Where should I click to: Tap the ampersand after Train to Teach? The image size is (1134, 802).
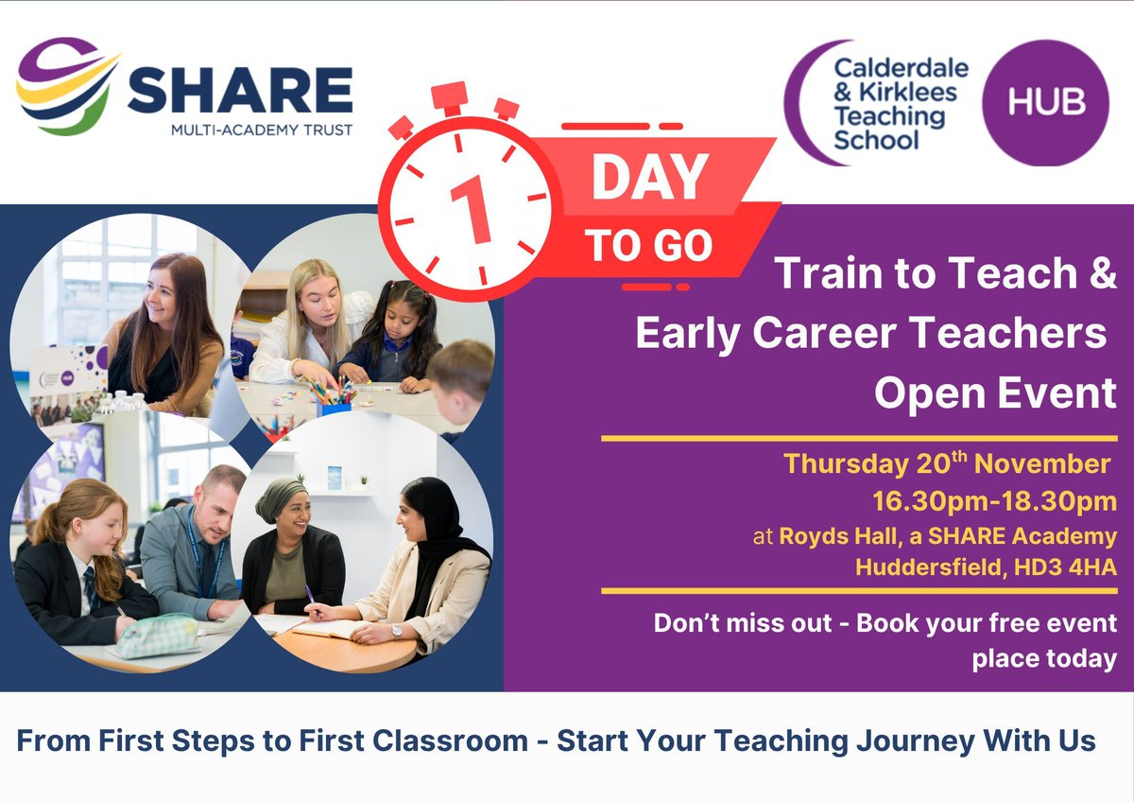click(1098, 273)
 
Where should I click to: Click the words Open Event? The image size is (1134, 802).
click(995, 393)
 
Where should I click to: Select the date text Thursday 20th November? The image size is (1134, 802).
click(947, 465)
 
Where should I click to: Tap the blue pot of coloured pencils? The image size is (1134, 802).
click(333, 404)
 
